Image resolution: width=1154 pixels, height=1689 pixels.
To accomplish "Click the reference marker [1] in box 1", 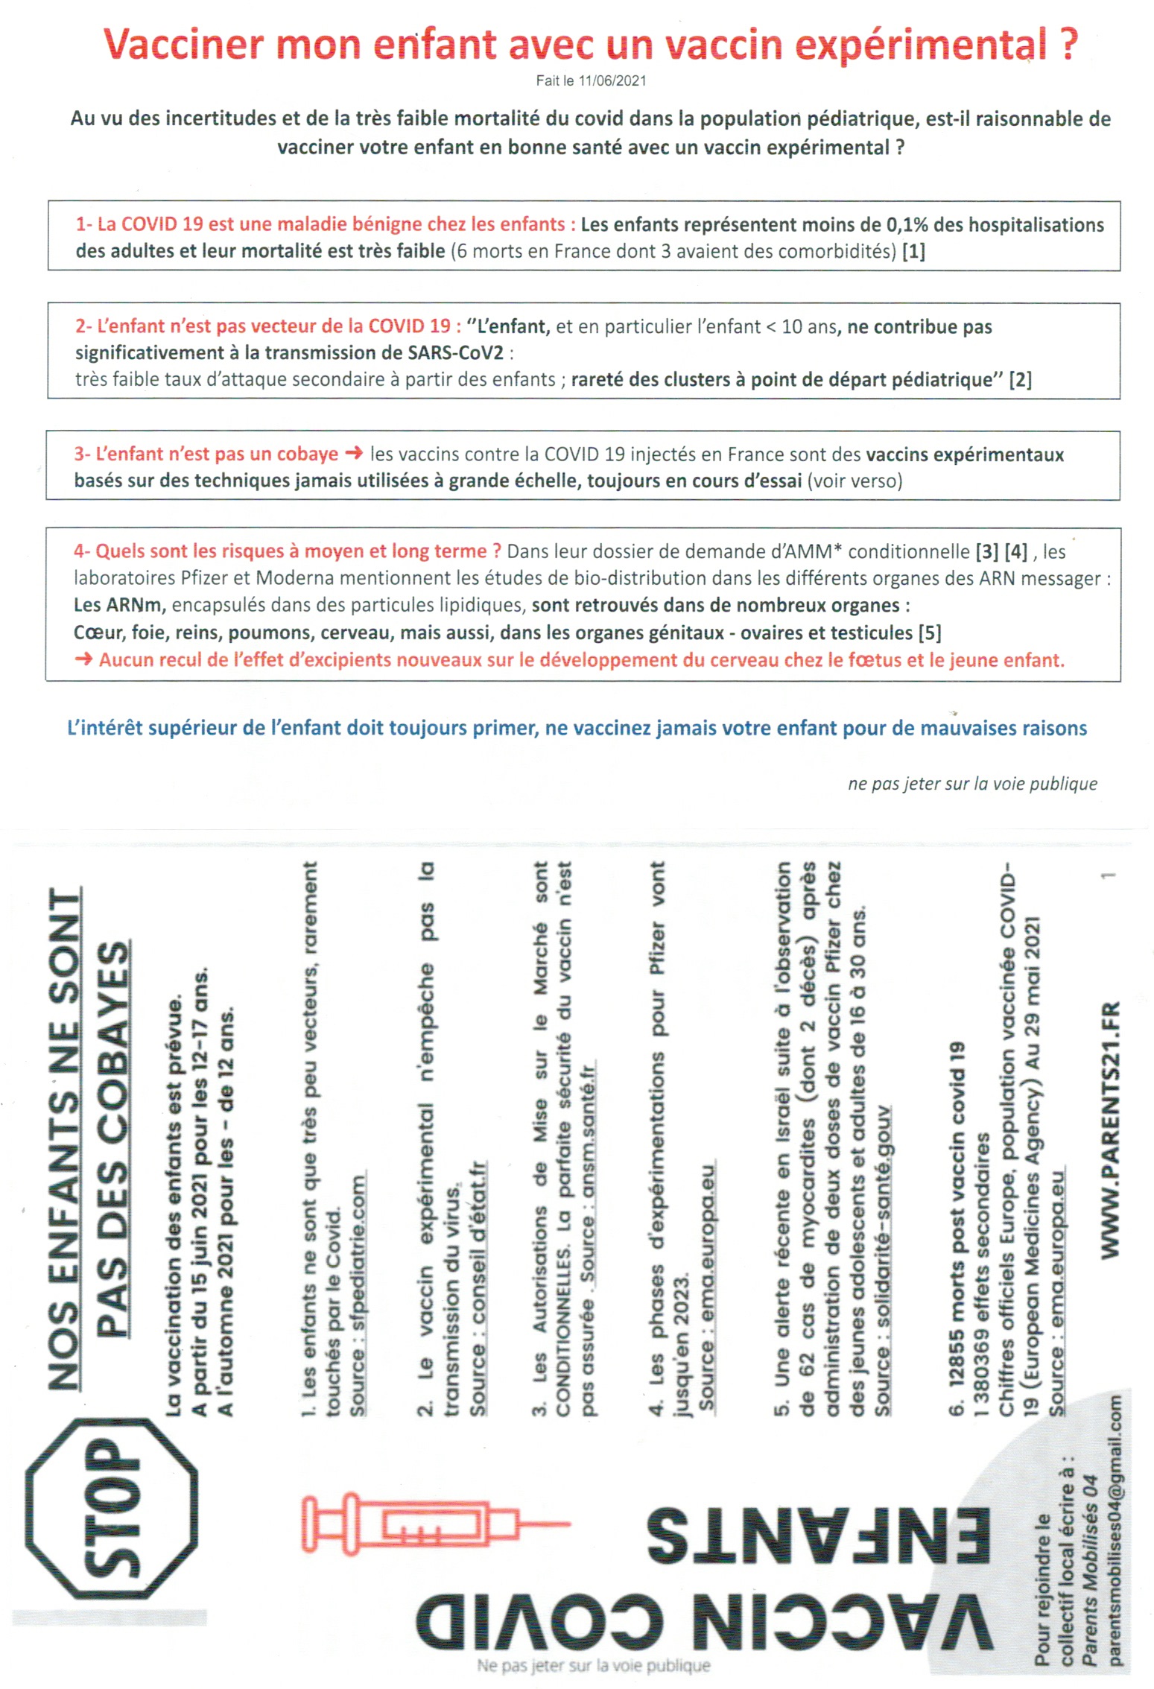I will point(913,252).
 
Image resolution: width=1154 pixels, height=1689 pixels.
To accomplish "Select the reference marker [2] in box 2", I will point(1020,380).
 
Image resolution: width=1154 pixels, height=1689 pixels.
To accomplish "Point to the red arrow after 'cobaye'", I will point(354,454).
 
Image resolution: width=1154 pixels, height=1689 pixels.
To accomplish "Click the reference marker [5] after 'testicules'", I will point(930,633).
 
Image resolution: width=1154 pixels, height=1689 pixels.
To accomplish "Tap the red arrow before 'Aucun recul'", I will point(83,660).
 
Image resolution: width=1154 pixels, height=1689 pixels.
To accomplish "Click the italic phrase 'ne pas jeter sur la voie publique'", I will point(972,784).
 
